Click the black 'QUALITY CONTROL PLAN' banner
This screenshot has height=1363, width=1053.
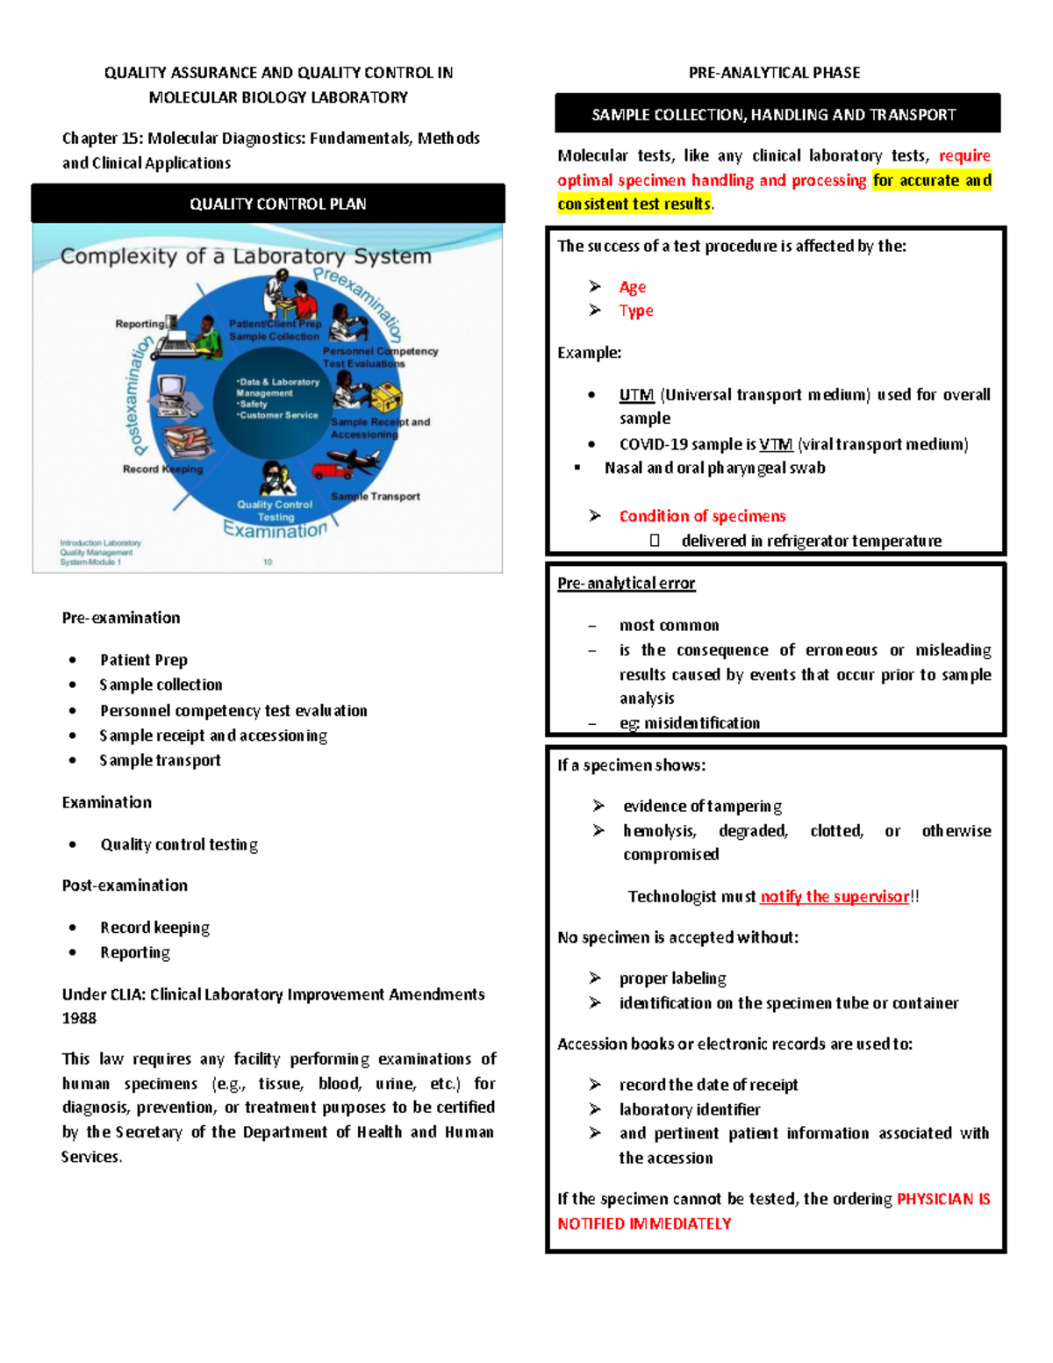[x=269, y=204]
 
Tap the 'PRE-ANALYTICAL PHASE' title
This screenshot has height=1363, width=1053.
[x=774, y=73]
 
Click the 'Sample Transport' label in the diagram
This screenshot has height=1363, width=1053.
[x=376, y=497]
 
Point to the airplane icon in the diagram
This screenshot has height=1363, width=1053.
[x=355, y=459]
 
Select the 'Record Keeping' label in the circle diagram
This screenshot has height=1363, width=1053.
[x=162, y=469]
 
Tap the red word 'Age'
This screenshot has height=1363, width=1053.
[x=632, y=287]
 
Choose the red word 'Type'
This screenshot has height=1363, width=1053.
[x=636, y=311]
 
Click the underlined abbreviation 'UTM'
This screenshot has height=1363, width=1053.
[x=636, y=395]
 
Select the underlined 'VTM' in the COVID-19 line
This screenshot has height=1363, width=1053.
[x=776, y=444]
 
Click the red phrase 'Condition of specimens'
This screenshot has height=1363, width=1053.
[x=702, y=516]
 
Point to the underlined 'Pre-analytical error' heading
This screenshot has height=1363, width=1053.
[x=626, y=584]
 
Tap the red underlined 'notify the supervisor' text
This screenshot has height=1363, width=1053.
[x=834, y=896]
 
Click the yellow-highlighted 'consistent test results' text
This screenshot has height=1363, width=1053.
[x=634, y=204]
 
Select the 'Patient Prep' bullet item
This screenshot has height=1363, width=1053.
[x=143, y=660]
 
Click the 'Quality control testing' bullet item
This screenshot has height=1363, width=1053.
[x=179, y=844]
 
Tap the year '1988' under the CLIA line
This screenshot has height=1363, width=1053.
[x=79, y=1018]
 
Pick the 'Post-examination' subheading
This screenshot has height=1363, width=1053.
[x=125, y=886]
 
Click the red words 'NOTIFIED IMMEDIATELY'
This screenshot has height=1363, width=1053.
[x=644, y=1223]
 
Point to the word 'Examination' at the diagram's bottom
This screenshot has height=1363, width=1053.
[x=275, y=530]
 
